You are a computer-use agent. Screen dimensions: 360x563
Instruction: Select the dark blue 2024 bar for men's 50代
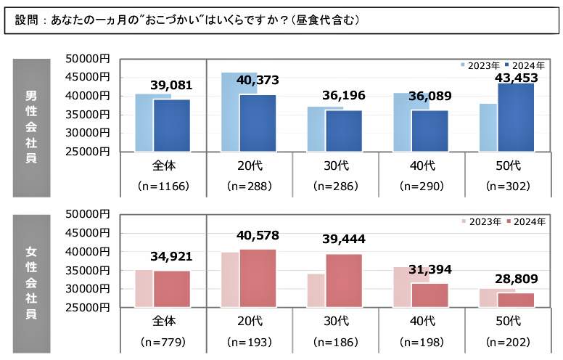pyautogui.click(x=516, y=117)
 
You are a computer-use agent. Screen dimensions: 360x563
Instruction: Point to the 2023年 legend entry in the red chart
pyautogui.click(x=480, y=221)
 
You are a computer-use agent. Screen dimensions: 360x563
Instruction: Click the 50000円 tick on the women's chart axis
pyautogui.click(x=86, y=214)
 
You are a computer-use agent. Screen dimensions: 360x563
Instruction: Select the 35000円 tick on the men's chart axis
pyautogui.click(x=86, y=115)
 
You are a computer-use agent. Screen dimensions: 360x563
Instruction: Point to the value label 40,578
pyautogui.click(x=258, y=236)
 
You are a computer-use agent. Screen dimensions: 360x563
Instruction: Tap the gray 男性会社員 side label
pyautogui.click(x=31, y=128)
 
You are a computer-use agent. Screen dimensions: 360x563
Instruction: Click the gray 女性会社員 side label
pyautogui.click(x=31, y=283)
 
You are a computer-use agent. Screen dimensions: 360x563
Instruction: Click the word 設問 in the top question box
pyautogui.click(x=27, y=20)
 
